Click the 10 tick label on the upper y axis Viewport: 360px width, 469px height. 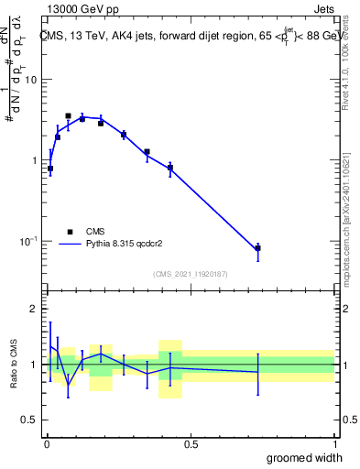click(31, 80)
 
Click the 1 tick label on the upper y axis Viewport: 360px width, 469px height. click(34, 160)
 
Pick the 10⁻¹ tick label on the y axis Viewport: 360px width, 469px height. click(29, 241)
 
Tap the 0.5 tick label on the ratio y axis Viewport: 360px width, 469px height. click(29, 420)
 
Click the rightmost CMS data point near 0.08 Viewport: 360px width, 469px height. click(258, 248)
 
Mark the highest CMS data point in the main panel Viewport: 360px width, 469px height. click(68, 116)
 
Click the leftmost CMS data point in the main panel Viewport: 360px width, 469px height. click(50, 169)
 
